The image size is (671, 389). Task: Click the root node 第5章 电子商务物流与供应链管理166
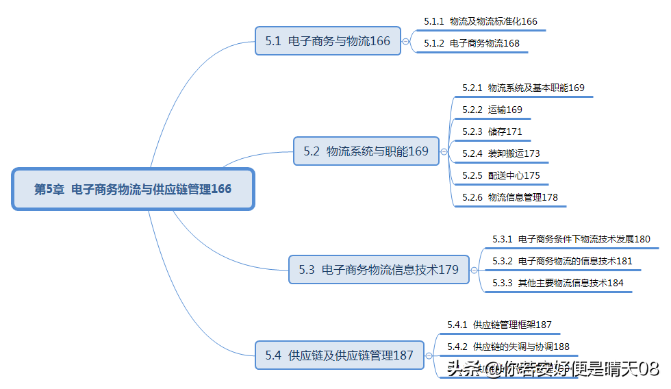pyautogui.click(x=133, y=189)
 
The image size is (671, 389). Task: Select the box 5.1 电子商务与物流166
pyautogui.click(x=327, y=41)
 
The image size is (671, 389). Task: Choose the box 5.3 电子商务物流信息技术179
pyautogui.click(x=378, y=270)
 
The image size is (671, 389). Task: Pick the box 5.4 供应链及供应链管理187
pyautogui.click(x=339, y=355)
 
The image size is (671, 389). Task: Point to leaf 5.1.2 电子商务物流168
pyautogui.click(x=471, y=43)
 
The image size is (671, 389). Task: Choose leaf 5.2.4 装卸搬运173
pyautogui.click(x=501, y=153)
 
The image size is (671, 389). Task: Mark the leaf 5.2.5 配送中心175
pyautogui.click(x=501, y=175)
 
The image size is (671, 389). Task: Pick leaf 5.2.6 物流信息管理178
pyautogui.click(x=509, y=197)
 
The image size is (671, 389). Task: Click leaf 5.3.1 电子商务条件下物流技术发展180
pyautogui.click(x=571, y=239)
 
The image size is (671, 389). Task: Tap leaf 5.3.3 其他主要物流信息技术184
pyautogui.click(x=557, y=283)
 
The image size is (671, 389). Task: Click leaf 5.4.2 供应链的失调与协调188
pyautogui.click(x=508, y=347)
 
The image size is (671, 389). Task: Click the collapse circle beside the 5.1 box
pyautogui.click(x=406, y=41)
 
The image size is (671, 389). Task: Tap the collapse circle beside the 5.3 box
pyautogui.click(x=474, y=270)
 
